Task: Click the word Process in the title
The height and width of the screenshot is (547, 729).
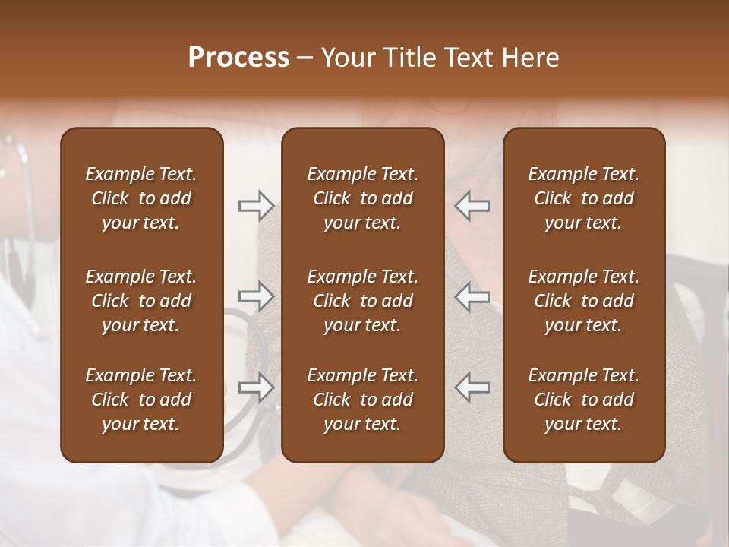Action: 238,58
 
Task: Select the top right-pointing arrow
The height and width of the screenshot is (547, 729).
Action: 256,206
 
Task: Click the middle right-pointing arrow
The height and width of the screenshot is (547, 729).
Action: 256,296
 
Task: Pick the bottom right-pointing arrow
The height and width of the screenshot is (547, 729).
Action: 256,387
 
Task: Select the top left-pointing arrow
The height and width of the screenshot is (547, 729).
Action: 472,206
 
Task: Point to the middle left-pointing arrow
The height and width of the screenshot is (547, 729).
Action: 472,296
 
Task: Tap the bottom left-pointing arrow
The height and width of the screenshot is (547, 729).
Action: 472,387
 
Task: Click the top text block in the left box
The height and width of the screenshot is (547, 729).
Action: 141,198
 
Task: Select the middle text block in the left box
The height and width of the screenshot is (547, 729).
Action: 141,301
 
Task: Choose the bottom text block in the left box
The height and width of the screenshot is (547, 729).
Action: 141,400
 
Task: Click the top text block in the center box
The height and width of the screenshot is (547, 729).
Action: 363,198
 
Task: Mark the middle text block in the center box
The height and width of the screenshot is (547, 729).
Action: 363,301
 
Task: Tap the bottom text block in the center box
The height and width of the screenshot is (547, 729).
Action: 363,400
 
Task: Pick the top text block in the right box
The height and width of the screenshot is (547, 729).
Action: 584,198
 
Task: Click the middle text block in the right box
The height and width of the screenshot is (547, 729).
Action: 584,301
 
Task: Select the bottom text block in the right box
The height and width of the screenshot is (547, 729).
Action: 584,400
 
